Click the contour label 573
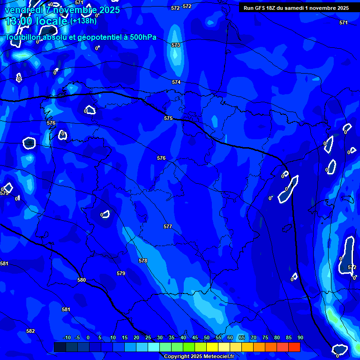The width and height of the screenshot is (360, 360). (x=176, y=45)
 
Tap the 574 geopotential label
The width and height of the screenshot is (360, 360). (x=176, y=82)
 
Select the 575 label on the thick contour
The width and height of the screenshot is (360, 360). (x=169, y=118)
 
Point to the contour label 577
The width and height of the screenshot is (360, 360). (x=168, y=226)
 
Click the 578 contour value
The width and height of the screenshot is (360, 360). (x=143, y=261)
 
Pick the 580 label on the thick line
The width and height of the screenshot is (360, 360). (x=82, y=280)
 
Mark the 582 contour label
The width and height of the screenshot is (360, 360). (x=30, y=331)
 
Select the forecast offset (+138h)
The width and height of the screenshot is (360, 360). (x=83, y=21)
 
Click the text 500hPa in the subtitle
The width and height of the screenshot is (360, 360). (x=139, y=37)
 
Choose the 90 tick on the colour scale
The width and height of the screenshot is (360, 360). (x=300, y=337)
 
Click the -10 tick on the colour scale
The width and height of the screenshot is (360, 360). (x=67, y=337)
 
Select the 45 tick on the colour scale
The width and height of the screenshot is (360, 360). (x=195, y=337)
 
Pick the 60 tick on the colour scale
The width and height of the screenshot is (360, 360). (x=230, y=337)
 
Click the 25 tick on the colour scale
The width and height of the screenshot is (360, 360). (x=148, y=337)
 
